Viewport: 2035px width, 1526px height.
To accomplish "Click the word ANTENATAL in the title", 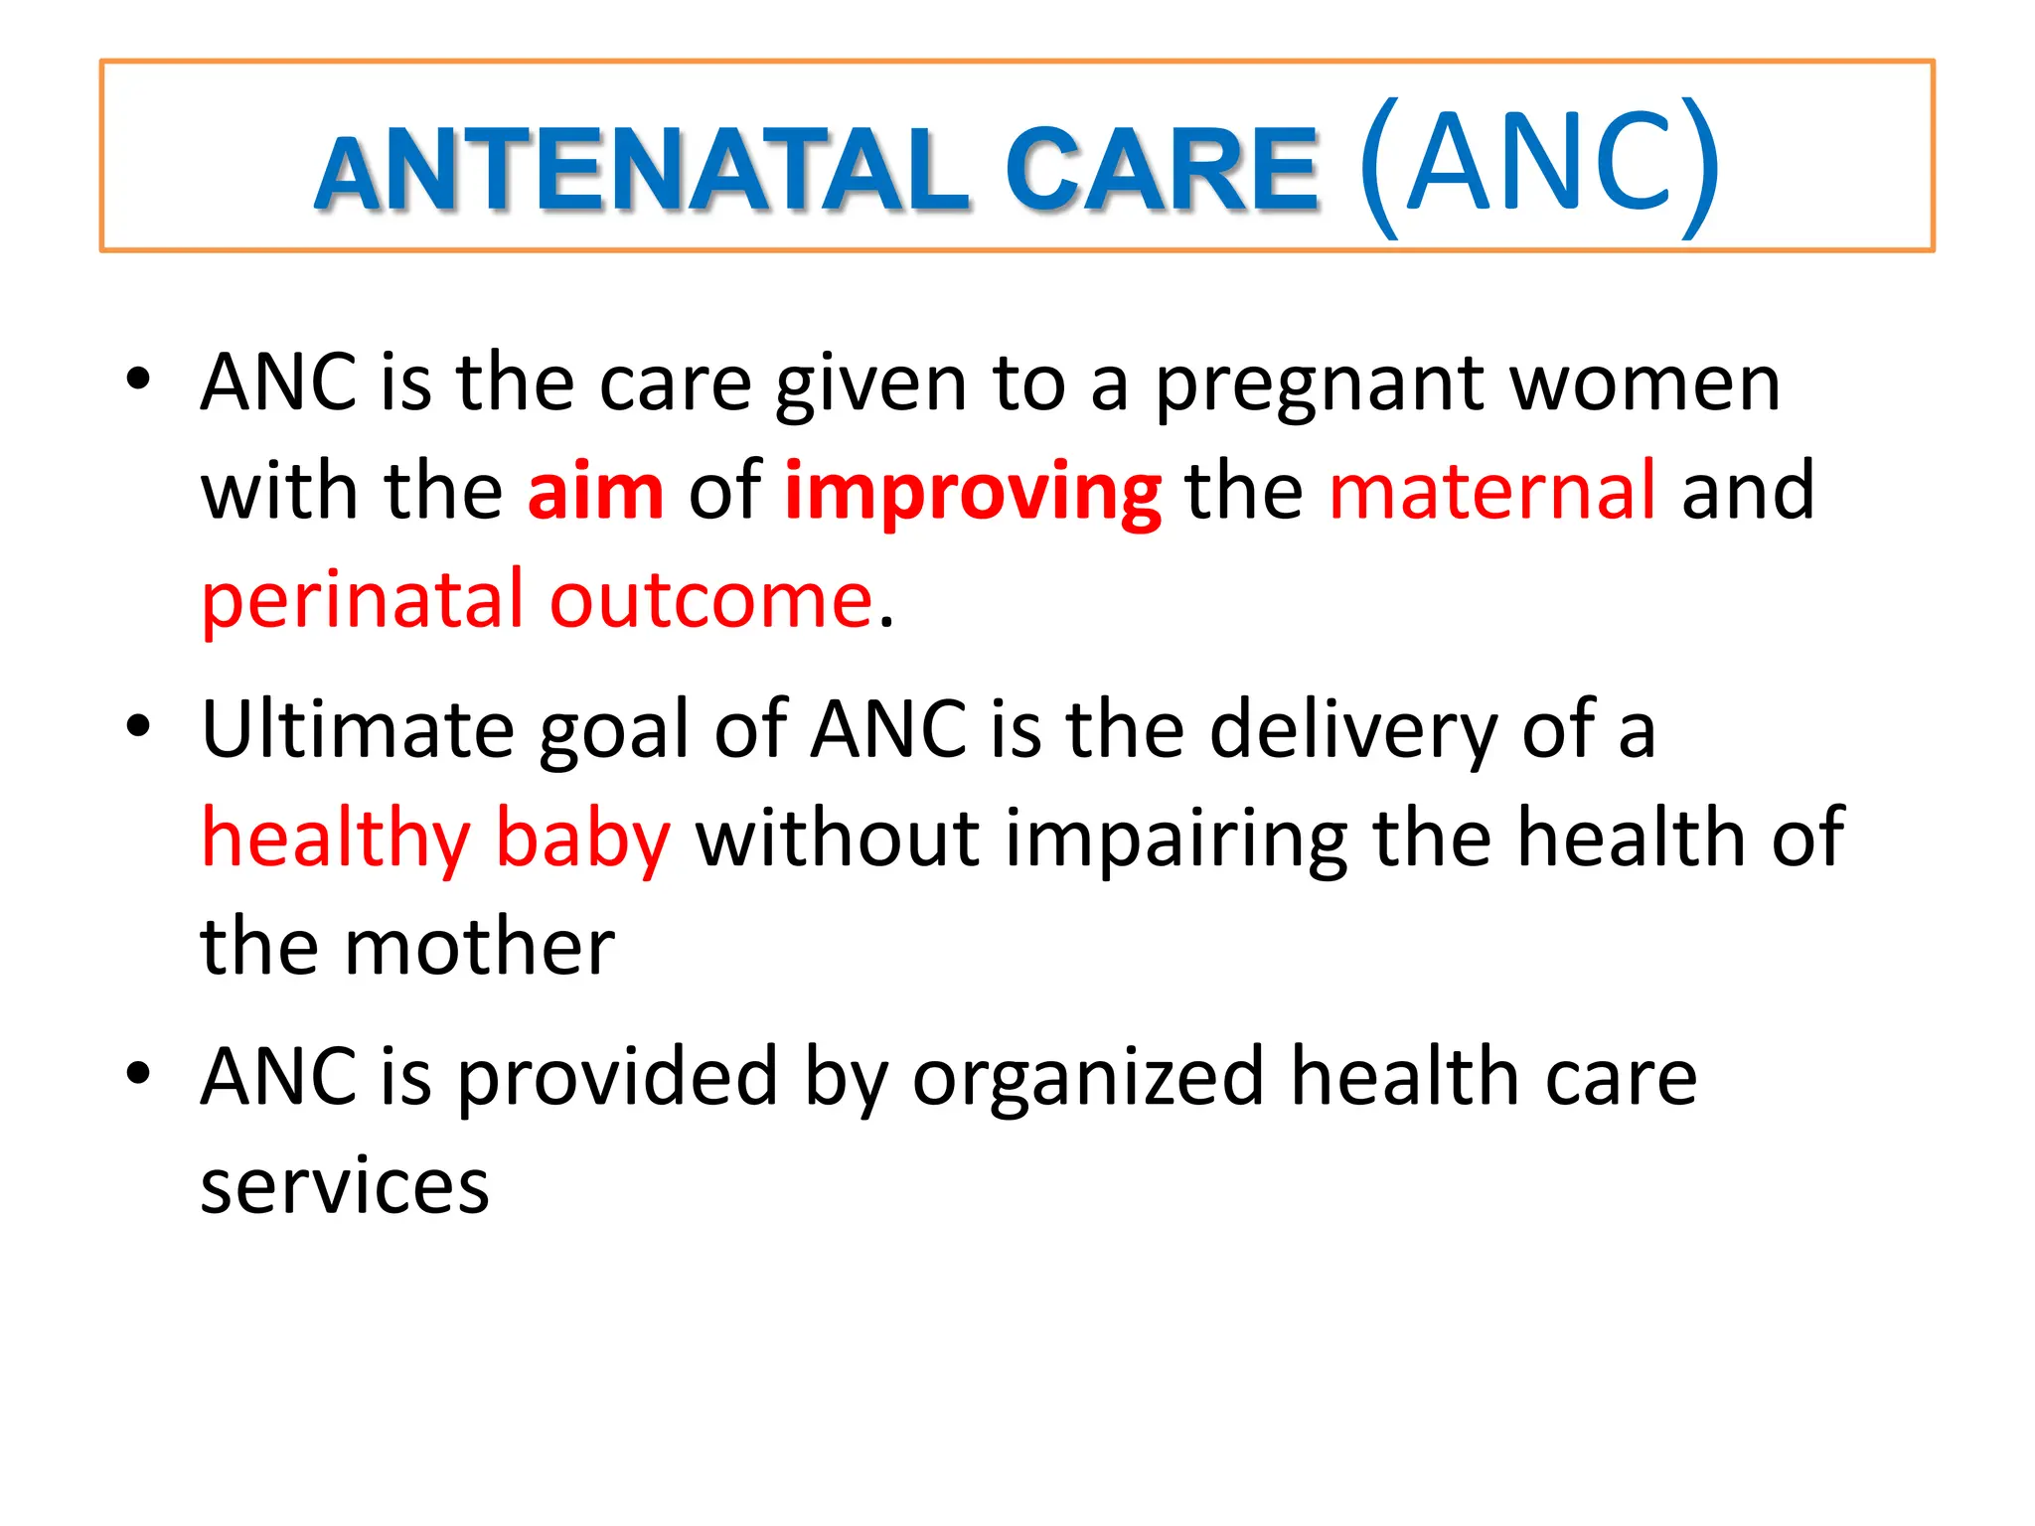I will pyautogui.click(x=641, y=171).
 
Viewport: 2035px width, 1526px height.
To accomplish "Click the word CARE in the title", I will pyautogui.click(x=1162, y=171).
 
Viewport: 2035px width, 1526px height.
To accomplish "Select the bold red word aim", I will pyautogui.click(x=595, y=491).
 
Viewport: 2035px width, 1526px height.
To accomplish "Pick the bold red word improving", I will pyautogui.click(x=972, y=495).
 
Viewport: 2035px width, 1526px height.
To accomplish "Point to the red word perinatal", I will pyautogui.click(x=363, y=602).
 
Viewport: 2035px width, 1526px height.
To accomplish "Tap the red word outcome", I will pyautogui.click(x=711, y=602).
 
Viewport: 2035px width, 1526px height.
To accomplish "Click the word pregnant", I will pyautogui.click(x=1321, y=387).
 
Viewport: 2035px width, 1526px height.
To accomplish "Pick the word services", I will pyautogui.click(x=345, y=1186).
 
